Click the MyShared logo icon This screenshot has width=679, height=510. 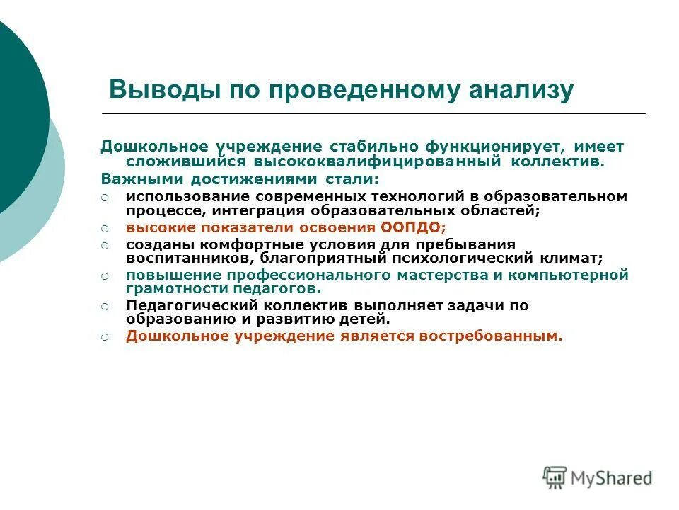[555, 477]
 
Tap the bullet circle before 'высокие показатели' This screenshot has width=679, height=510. [105, 228]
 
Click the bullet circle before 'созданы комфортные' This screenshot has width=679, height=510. [105, 245]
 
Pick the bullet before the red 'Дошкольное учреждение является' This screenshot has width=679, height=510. [105, 338]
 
